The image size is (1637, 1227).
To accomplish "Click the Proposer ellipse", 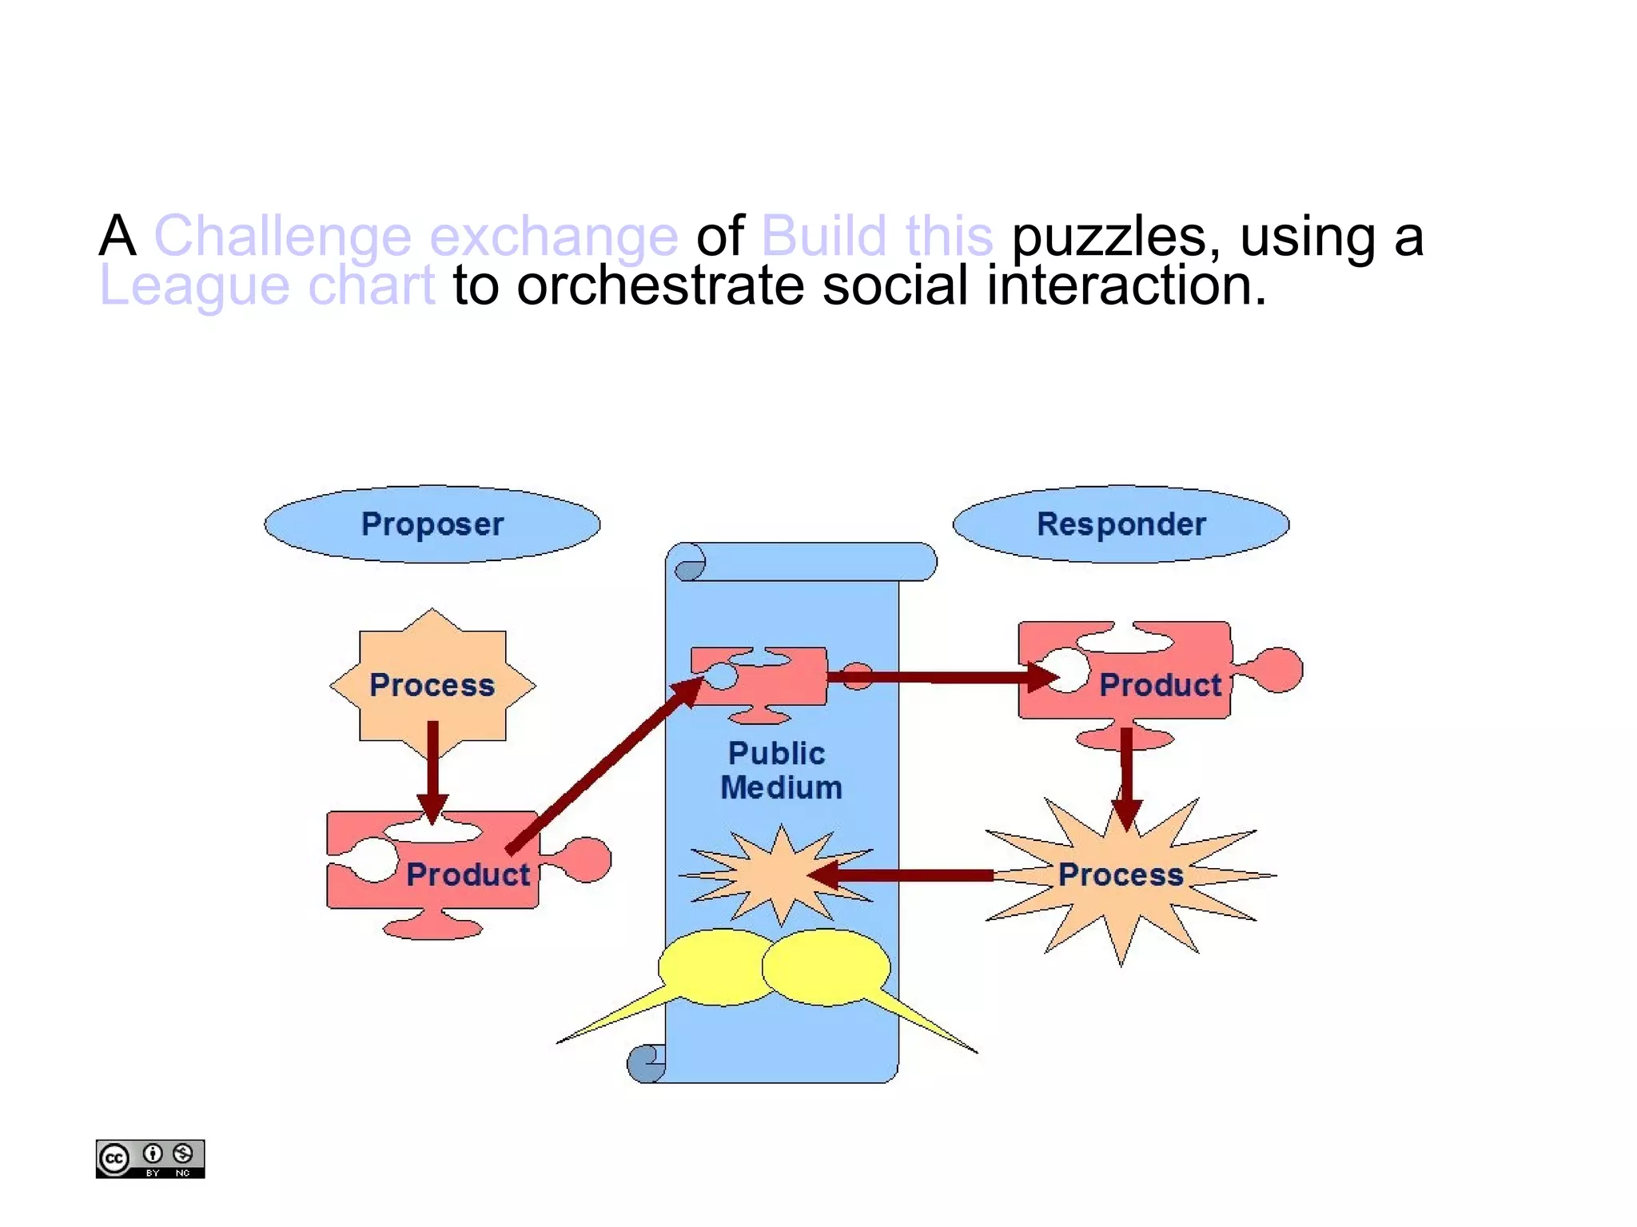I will pyautogui.click(x=432, y=524).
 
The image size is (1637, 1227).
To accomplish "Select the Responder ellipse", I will pyautogui.click(x=1121, y=524).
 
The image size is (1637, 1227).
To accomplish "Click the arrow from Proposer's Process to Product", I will pyautogui.click(x=432, y=767).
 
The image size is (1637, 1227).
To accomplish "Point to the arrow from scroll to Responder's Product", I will pyautogui.click(x=943, y=678).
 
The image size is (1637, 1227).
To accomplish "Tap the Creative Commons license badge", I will pyautogui.click(x=150, y=1158).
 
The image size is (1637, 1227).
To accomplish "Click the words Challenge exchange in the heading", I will pyautogui.click(x=416, y=237).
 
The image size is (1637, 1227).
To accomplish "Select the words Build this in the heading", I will pyautogui.click(x=877, y=237).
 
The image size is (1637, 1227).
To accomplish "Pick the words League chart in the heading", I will pyautogui.click(x=267, y=286).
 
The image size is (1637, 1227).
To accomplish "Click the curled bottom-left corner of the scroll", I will pyautogui.click(x=646, y=1063).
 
